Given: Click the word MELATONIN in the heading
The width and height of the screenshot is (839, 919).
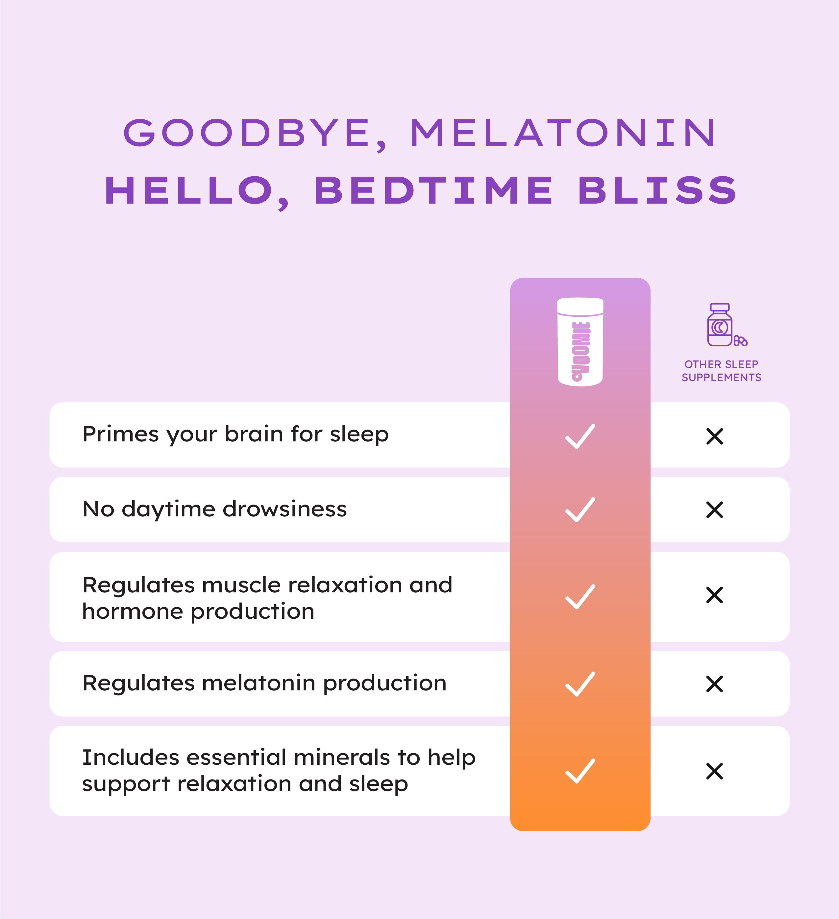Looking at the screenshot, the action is coord(563,133).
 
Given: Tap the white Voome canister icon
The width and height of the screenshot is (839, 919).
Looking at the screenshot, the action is coord(580,342).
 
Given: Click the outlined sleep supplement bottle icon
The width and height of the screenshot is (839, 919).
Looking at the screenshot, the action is coord(727,325).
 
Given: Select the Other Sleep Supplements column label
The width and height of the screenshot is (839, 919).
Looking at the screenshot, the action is coord(721,371).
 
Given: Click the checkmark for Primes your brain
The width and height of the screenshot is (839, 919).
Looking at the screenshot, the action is coord(580,436).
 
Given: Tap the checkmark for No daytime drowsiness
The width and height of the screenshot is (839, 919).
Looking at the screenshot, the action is coord(580,509).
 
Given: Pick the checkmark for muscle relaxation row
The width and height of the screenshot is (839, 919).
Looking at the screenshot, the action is coord(580,597).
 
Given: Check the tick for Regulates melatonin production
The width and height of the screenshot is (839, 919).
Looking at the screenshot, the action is coord(580,684).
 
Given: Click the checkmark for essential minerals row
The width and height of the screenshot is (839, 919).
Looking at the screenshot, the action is coord(580,771).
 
